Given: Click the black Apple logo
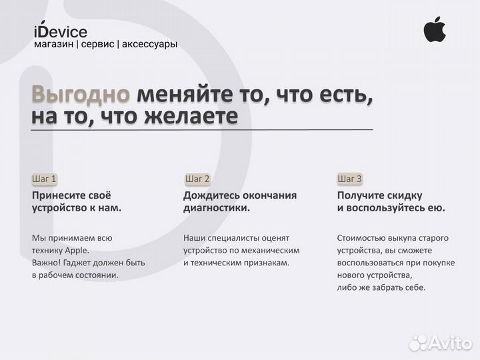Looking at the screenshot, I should click(435, 30).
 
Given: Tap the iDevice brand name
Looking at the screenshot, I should click(60, 31).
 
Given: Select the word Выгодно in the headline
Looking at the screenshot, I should click(81, 94).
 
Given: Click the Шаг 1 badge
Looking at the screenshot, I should click(45, 179).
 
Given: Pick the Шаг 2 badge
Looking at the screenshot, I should click(197, 179).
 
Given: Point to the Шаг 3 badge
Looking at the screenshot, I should click(350, 179).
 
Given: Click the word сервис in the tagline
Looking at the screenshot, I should click(97, 44).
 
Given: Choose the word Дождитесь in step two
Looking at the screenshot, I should click(213, 195).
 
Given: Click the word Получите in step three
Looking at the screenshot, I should click(363, 195).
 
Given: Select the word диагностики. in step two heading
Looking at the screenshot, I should click(217, 208).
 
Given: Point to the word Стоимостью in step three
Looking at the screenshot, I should click(362, 238).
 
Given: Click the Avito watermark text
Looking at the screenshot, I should click(450, 343).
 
